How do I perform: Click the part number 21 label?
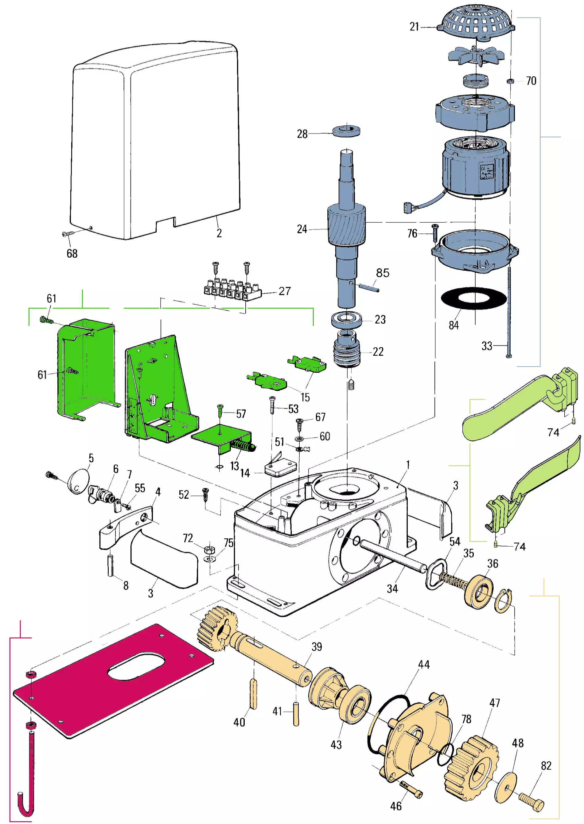(414, 27)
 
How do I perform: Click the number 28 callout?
(302, 134)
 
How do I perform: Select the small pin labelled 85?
(368, 287)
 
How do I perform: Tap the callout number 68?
(72, 254)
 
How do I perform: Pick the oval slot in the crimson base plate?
(137, 666)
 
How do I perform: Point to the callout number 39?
(317, 647)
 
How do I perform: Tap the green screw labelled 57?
(220, 410)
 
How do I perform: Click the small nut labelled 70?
(510, 81)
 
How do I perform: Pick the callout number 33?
(487, 346)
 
